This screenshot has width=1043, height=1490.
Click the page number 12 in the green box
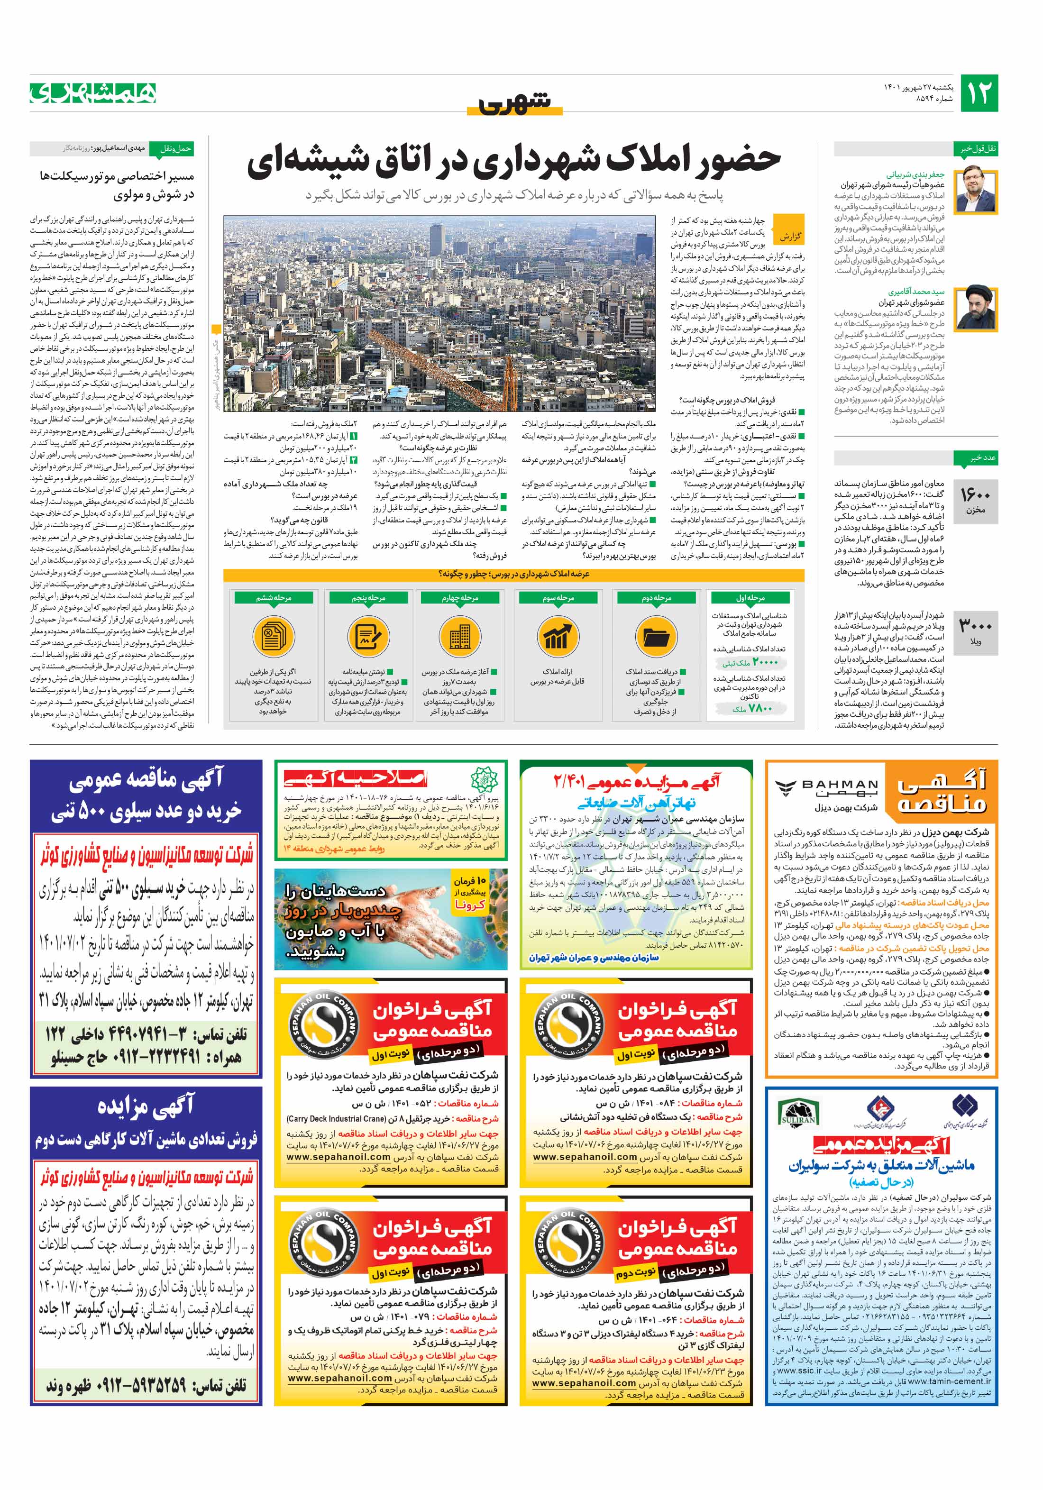point(978,93)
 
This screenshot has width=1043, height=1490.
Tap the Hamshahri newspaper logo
point(93,93)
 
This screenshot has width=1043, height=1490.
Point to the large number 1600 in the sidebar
point(975,496)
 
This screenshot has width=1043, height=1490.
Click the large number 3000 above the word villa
point(975,626)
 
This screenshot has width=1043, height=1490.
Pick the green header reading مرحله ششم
point(273,598)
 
